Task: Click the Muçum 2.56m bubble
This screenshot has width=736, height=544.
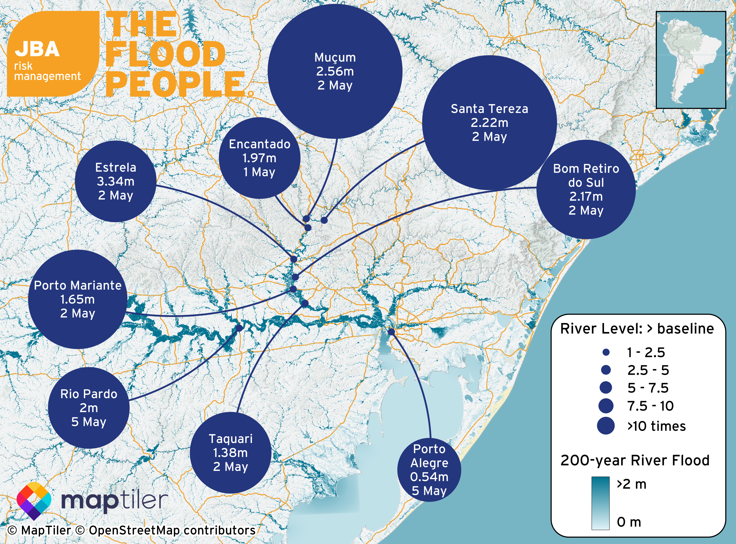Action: click(335, 71)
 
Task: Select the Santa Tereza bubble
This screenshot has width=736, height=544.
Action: click(489, 122)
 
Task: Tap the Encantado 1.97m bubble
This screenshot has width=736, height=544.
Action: click(259, 158)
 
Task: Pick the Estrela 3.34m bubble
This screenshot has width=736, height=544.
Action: click(115, 181)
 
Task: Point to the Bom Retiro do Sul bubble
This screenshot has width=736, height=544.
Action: click(586, 189)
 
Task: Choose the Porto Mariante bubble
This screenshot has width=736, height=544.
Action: click(78, 299)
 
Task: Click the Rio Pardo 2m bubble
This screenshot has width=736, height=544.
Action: click(89, 408)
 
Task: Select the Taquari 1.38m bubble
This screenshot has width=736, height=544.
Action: click(230, 453)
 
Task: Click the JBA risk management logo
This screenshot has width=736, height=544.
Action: click(53, 54)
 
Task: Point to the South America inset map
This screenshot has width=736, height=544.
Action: click(691, 60)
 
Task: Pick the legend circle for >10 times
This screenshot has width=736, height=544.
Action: click(606, 426)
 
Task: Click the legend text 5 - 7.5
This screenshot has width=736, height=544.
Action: click(648, 388)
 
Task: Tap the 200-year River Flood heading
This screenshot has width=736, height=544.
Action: click(635, 460)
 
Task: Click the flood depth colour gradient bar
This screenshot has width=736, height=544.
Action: click(600, 503)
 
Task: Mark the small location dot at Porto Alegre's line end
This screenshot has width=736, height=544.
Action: click(391, 332)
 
